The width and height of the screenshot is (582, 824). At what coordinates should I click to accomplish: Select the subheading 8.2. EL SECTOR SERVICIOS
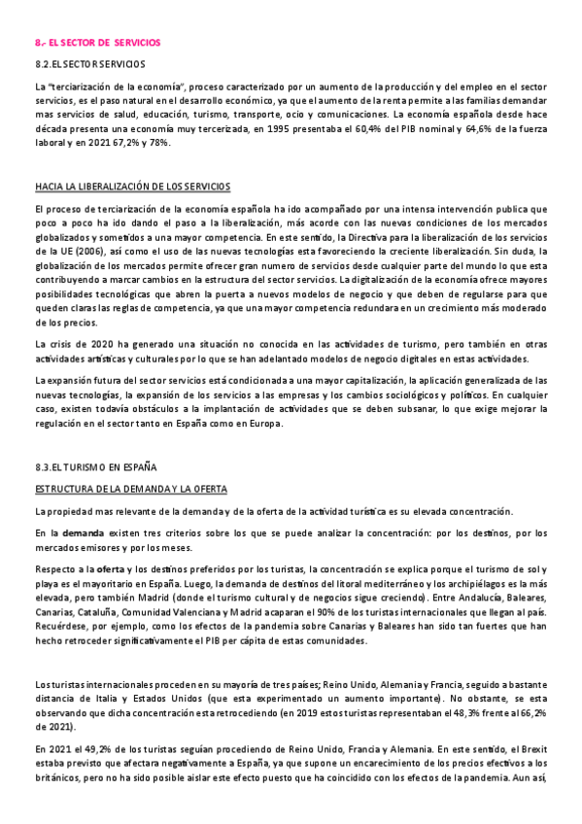coord(83,65)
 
